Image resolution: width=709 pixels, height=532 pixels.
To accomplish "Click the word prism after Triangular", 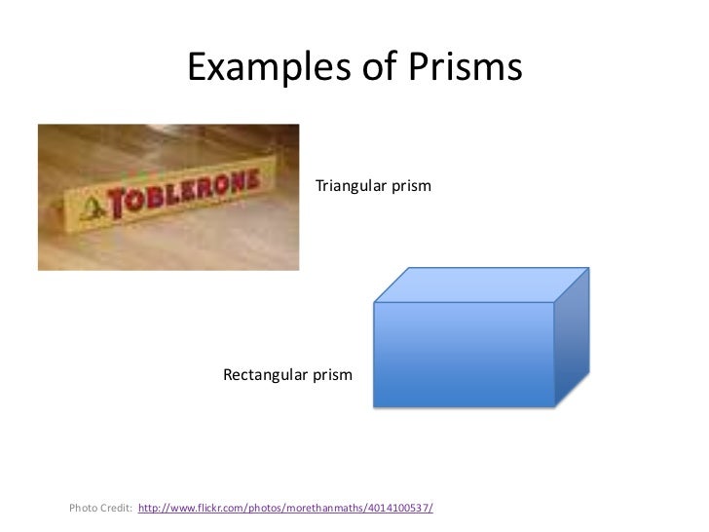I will [411, 184].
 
